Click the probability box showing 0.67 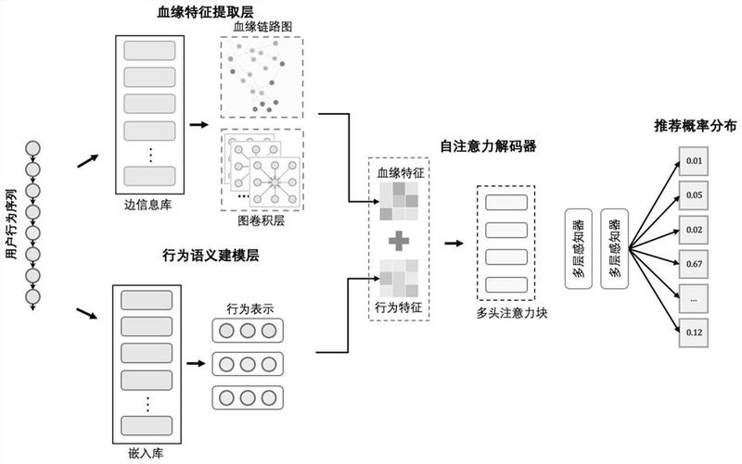694,264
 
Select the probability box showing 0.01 694,161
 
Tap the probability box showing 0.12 694,332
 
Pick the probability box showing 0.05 694,195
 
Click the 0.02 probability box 694,230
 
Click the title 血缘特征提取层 205,11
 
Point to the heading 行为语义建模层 211,256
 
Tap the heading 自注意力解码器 488,146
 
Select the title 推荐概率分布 695,126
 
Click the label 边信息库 148,205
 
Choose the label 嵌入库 146,454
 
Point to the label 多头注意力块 512,313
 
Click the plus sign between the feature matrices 399,241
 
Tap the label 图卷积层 262,220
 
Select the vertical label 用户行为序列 10,224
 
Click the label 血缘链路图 262,27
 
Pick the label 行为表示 249,309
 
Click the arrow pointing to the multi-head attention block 454,244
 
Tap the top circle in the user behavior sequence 32,149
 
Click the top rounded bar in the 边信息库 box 149,51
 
